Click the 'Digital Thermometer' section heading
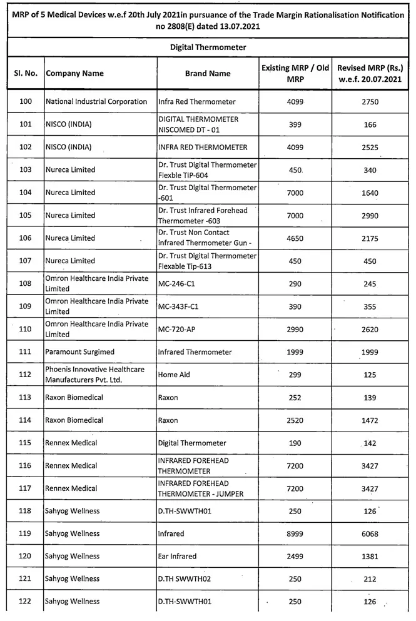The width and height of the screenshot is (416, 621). point(208,48)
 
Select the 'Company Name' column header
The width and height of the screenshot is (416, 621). point(74,74)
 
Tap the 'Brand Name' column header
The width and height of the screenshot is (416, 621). point(208,74)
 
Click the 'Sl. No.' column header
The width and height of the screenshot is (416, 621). point(26,74)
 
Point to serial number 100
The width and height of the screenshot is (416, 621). point(26,102)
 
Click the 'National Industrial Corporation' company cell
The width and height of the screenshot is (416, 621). point(96,102)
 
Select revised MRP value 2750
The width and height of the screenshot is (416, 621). point(370,102)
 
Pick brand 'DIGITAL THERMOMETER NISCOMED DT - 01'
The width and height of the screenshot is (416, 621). point(198,124)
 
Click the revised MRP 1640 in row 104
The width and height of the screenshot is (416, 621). point(370,193)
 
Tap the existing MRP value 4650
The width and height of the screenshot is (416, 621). point(295,238)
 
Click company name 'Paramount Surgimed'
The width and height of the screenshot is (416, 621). point(79,352)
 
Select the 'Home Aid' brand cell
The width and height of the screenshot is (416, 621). point(174,375)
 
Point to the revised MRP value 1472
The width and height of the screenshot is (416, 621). point(370,420)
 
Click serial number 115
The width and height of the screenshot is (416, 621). point(26,443)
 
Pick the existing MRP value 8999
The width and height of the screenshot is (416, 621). point(295,533)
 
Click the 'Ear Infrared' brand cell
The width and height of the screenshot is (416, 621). point(177,556)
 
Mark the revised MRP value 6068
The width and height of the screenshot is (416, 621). point(370,533)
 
